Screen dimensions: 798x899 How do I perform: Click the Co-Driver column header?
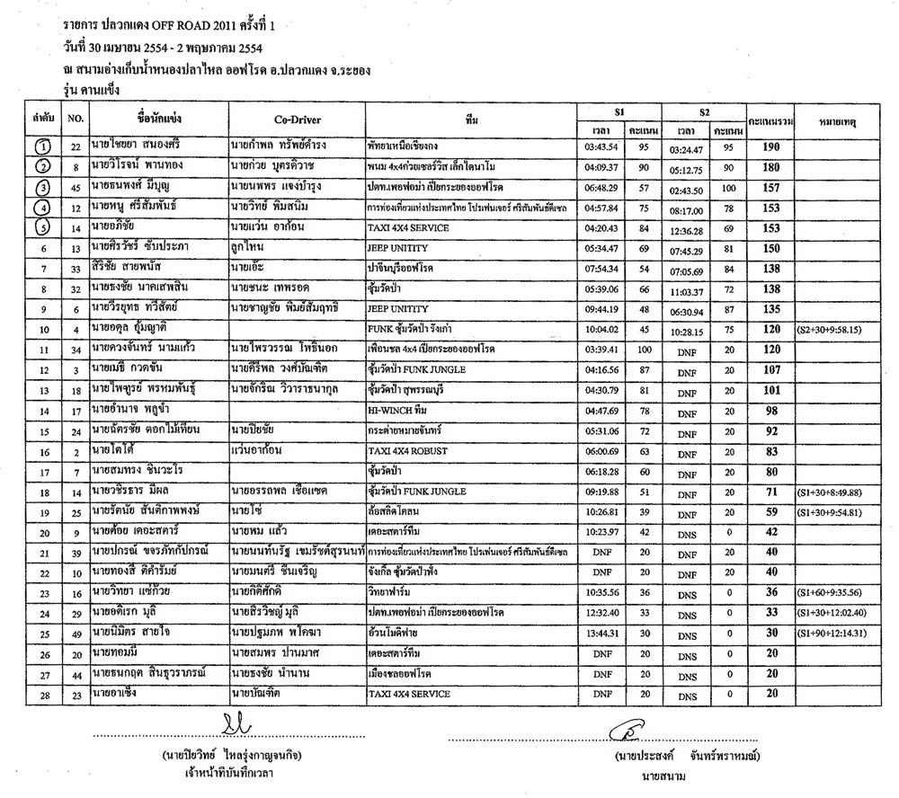point(297,120)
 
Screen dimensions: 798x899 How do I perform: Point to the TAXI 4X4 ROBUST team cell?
point(413,451)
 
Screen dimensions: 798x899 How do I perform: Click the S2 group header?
point(706,112)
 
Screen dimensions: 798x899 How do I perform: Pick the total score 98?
point(770,410)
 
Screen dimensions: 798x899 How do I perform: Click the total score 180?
point(770,167)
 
